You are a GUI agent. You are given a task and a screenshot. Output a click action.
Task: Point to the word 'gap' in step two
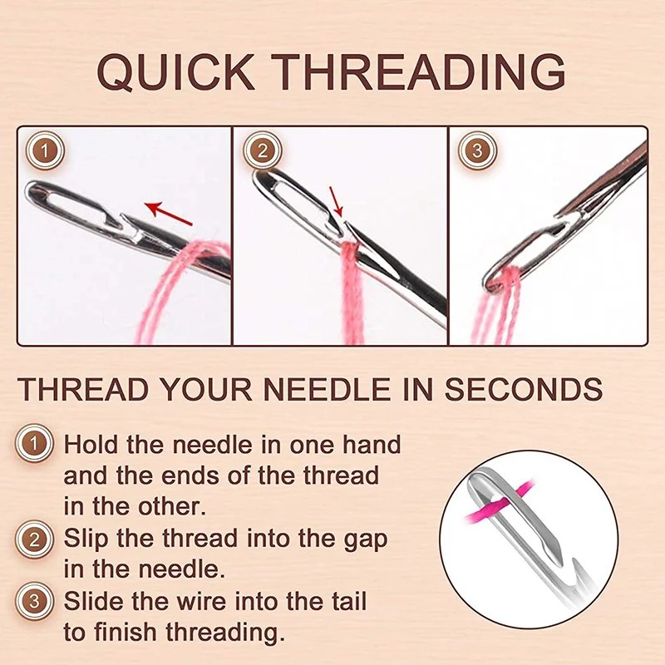pyautogui.click(x=363, y=539)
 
